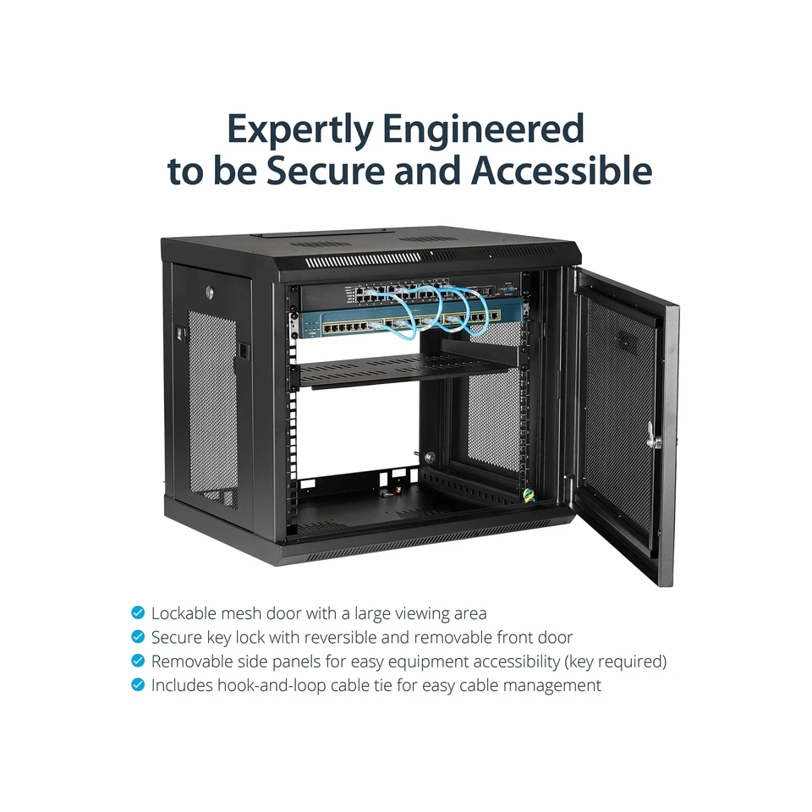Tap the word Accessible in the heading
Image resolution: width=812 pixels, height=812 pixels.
(562, 172)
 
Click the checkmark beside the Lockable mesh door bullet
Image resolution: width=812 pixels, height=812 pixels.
(138, 613)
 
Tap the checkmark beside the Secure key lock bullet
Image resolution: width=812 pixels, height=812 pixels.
(138, 637)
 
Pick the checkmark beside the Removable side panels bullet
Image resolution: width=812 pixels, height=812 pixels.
(138, 661)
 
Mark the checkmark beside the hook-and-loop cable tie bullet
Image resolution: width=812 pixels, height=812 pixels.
(138, 685)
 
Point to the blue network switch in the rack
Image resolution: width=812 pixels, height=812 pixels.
(398, 324)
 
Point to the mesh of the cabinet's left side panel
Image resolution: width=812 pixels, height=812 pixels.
(212, 406)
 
